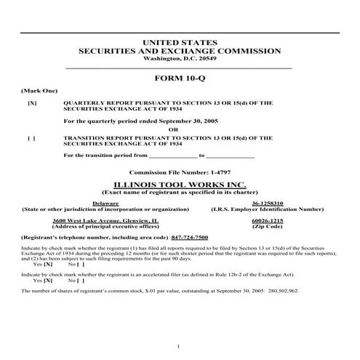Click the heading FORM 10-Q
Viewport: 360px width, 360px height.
click(179, 77)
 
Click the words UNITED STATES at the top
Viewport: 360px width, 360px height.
click(179, 43)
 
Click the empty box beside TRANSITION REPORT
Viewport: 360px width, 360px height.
click(31, 137)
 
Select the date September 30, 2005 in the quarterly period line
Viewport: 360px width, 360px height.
click(183, 121)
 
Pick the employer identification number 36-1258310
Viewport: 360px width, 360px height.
click(267, 203)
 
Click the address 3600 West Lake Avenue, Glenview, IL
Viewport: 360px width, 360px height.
click(106, 220)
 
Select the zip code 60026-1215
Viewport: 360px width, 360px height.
click(267, 220)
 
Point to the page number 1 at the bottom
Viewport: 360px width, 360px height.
click(178, 345)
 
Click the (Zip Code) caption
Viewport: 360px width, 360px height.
click(267, 225)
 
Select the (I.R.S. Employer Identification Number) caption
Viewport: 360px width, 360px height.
click(267, 209)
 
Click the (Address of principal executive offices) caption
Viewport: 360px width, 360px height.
click(106, 225)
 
